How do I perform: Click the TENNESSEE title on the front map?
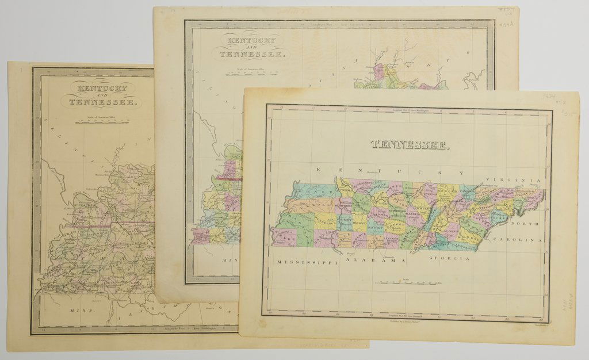410,144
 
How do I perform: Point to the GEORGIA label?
449,259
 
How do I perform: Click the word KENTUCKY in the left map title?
100,87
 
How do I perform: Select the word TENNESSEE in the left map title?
102,104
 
